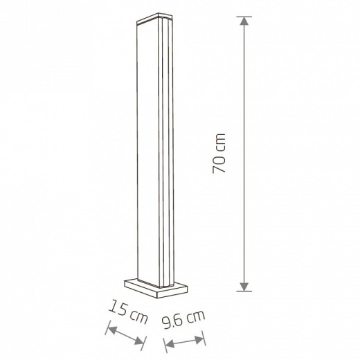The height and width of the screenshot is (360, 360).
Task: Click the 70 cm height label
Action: [x=219, y=153]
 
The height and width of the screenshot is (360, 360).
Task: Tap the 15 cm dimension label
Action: [x=128, y=312]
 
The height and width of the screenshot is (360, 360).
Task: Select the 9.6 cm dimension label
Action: [x=183, y=319]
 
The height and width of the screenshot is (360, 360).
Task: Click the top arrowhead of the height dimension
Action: [x=244, y=21]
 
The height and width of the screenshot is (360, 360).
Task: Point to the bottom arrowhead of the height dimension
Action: [x=244, y=287]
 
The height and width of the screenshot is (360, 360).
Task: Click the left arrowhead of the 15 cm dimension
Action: [x=112, y=330]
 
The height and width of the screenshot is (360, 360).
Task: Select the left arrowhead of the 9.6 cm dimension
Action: [x=170, y=344]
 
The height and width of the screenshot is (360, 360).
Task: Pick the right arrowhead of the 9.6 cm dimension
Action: [x=199, y=339]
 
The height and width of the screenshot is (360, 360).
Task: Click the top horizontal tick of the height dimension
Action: [x=244, y=17]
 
